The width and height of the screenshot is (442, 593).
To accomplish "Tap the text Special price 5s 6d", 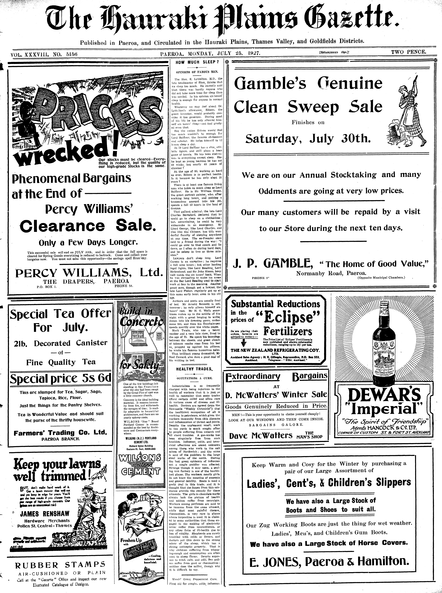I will point(60,378).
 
